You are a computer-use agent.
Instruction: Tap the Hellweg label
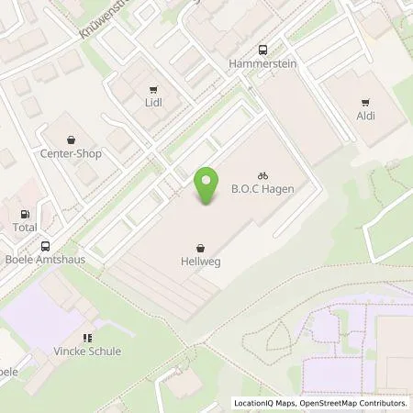(x=199, y=262)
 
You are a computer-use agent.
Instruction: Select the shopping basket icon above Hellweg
(x=199, y=248)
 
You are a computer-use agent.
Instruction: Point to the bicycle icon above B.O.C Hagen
(x=262, y=174)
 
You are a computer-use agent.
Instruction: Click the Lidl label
(x=153, y=104)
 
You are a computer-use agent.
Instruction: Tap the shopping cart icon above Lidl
(x=153, y=89)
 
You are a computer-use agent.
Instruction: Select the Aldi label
(x=366, y=117)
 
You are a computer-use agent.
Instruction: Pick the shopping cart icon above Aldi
(x=366, y=103)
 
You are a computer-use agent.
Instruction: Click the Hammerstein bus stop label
(x=262, y=65)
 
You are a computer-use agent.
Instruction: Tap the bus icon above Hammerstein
(x=262, y=50)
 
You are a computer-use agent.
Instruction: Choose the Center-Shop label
(x=71, y=153)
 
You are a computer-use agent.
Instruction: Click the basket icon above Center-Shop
(x=71, y=140)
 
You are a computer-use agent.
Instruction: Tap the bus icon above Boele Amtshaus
(x=45, y=246)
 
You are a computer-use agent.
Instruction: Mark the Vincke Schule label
(x=87, y=352)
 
